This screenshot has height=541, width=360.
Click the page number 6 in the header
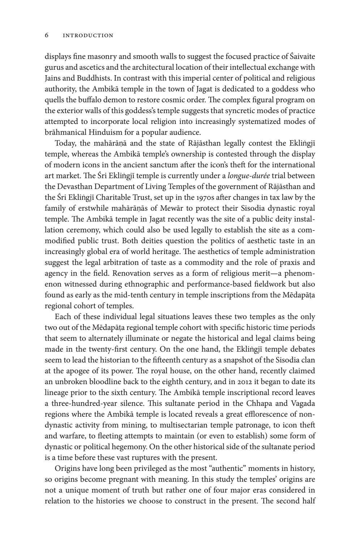47,35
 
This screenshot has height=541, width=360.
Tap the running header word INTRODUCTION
88,35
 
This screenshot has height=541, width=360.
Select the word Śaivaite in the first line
302,57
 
